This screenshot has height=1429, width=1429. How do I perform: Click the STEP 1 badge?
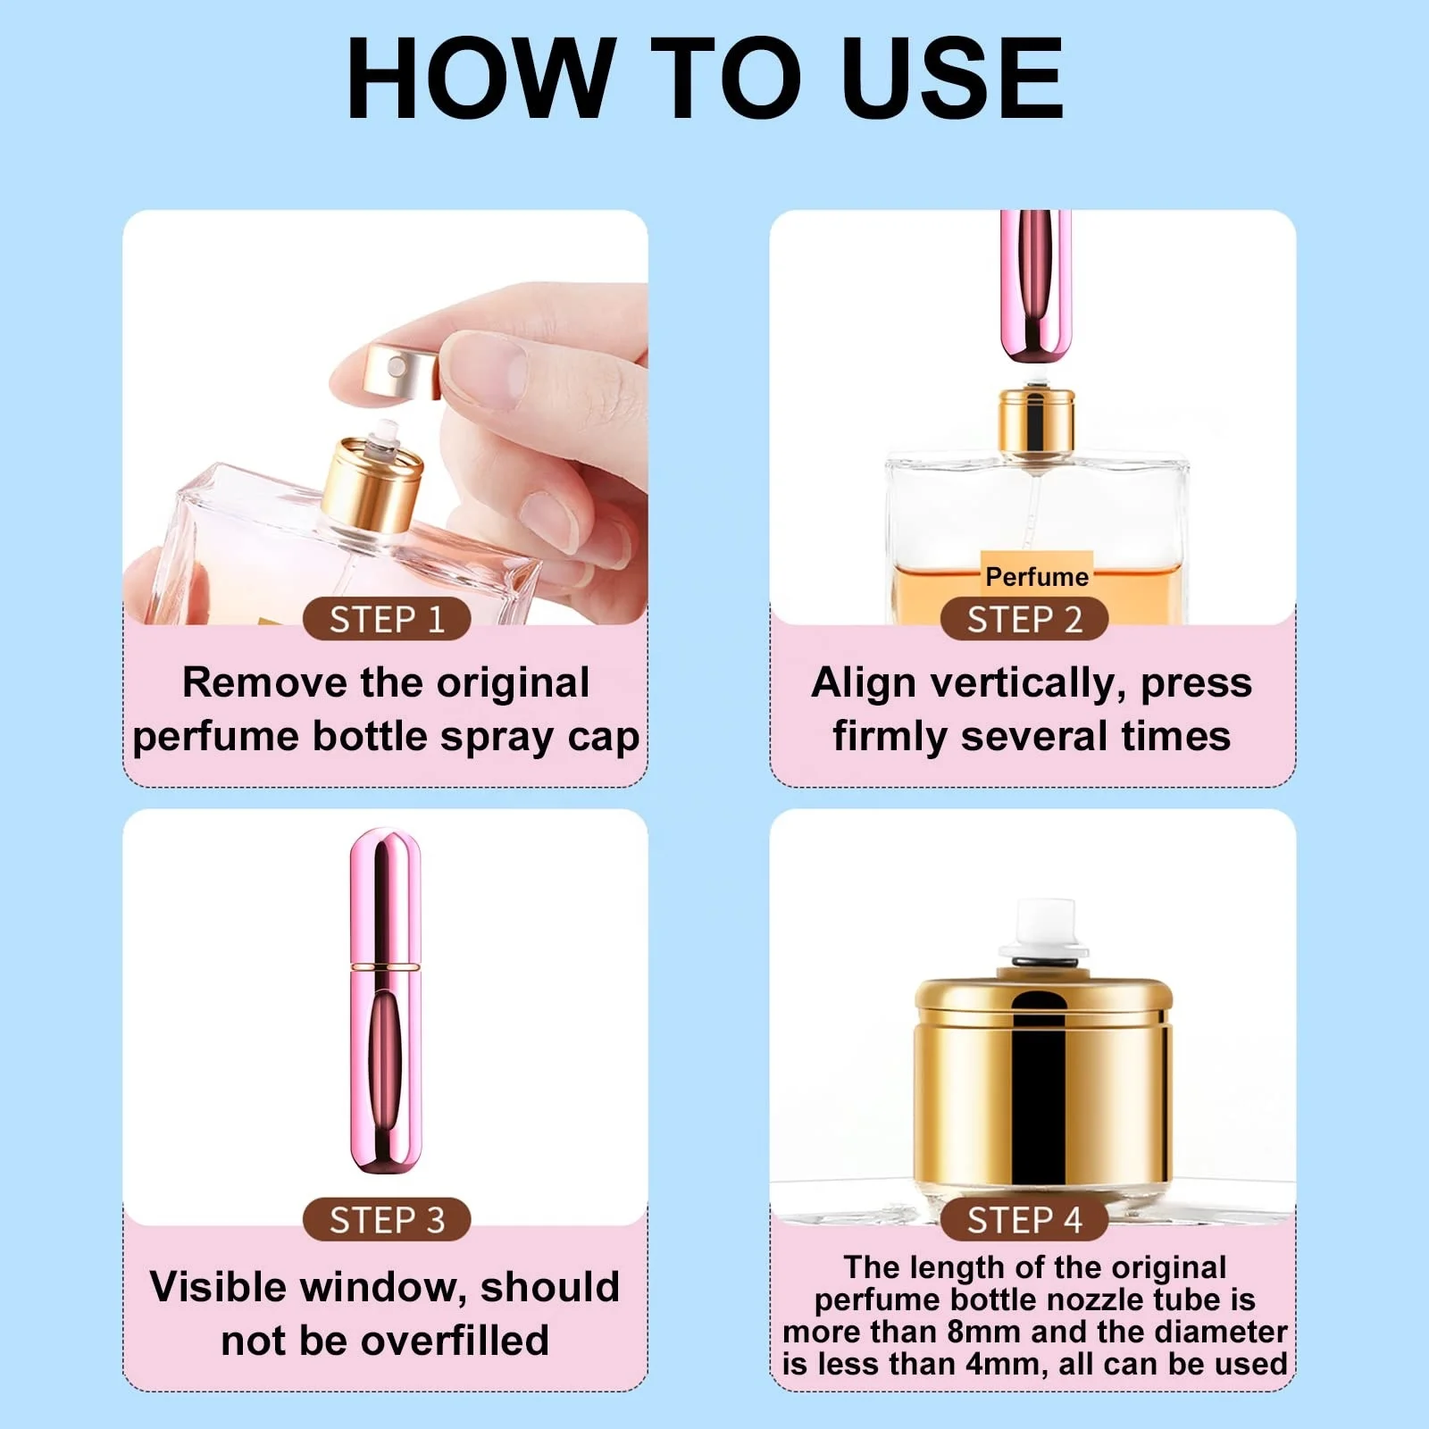(x=387, y=619)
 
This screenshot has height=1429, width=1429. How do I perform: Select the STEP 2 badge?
(x=1024, y=619)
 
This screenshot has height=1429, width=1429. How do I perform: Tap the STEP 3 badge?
(x=387, y=1219)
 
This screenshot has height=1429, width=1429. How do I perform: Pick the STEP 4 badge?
(x=1024, y=1219)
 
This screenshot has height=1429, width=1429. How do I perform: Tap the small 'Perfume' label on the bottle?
(x=1036, y=577)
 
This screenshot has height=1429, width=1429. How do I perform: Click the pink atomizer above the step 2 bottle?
(x=1035, y=286)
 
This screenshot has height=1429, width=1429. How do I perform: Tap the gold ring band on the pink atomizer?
(x=385, y=966)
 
